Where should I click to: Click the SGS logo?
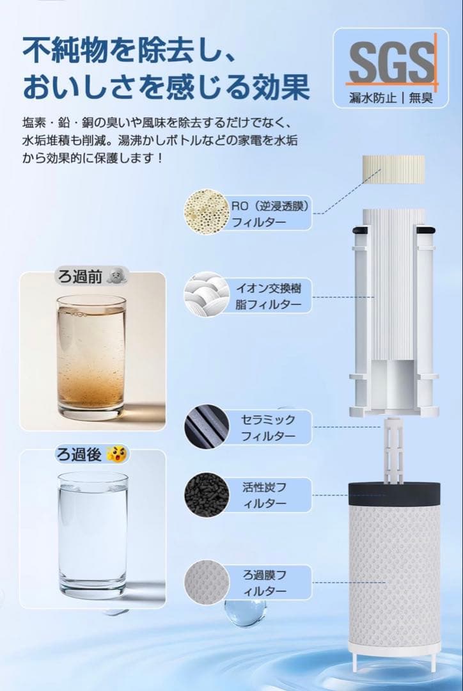[x=391, y=61]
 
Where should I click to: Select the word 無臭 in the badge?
[x=421, y=98]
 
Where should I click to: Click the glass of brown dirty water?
[x=91, y=358]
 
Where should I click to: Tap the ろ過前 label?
[x=80, y=277]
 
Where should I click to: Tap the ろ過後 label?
[x=79, y=454]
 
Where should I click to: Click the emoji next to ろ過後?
[x=117, y=454]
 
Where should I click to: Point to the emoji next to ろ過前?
[x=117, y=276]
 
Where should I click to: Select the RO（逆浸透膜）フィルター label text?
[x=271, y=213]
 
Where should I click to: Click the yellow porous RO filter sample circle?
[x=207, y=212]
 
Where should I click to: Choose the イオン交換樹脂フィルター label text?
[x=269, y=296]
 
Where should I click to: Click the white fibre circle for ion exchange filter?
[x=207, y=294]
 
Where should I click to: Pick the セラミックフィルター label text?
[x=268, y=427]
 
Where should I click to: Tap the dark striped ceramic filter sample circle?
[x=207, y=427]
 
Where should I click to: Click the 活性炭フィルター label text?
[x=264, y=495]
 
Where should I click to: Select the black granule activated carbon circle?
[x=207, y=495]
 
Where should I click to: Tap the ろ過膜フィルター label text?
[x=264, y=583]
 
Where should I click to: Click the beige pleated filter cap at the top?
[x=393, y=170]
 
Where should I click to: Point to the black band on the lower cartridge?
[x=395, y=493]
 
